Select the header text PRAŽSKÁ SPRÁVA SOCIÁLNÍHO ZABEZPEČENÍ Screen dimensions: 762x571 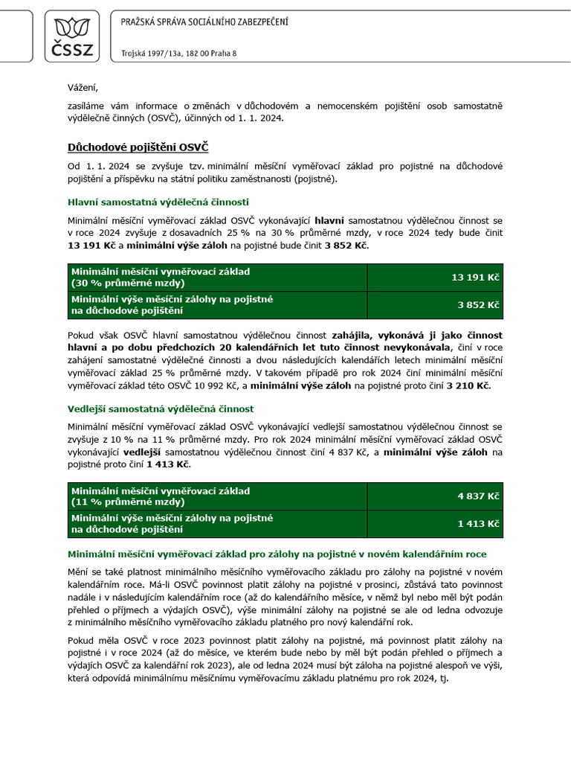204,22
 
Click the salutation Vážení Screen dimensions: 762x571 83,87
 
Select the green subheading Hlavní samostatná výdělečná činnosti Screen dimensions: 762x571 158,202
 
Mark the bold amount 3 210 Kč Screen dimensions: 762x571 468,385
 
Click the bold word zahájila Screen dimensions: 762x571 359,335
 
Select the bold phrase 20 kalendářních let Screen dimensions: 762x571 277,347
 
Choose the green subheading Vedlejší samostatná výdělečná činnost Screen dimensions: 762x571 161,409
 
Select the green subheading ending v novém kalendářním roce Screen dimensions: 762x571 277,554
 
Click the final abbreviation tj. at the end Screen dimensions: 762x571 443,678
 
